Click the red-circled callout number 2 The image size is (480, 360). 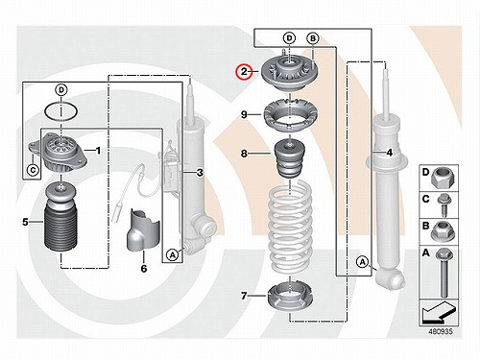tap(244, 72)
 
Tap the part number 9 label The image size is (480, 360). tap(244, 114)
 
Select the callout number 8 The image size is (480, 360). tap(244, 154)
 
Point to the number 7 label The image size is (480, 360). tap(244, 296)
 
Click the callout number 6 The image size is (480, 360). tap(144, 268)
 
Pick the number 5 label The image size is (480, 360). tap(25, 222)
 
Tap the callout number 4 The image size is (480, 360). tap(390, 153)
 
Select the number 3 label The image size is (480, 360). tap(200, 173)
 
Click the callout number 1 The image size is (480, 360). tap(98, 150)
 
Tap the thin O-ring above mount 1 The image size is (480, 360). tap(60, 111)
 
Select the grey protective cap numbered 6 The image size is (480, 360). tap(143, 229)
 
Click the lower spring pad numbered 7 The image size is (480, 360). tap(290, 297)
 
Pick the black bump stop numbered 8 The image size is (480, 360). tap(290, 159)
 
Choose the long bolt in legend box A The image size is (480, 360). tap(444, 273)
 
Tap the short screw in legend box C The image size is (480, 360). tap(444, 205)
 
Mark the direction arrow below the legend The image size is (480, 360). tap(439, 312)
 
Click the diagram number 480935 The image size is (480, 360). tap(441, 331)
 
